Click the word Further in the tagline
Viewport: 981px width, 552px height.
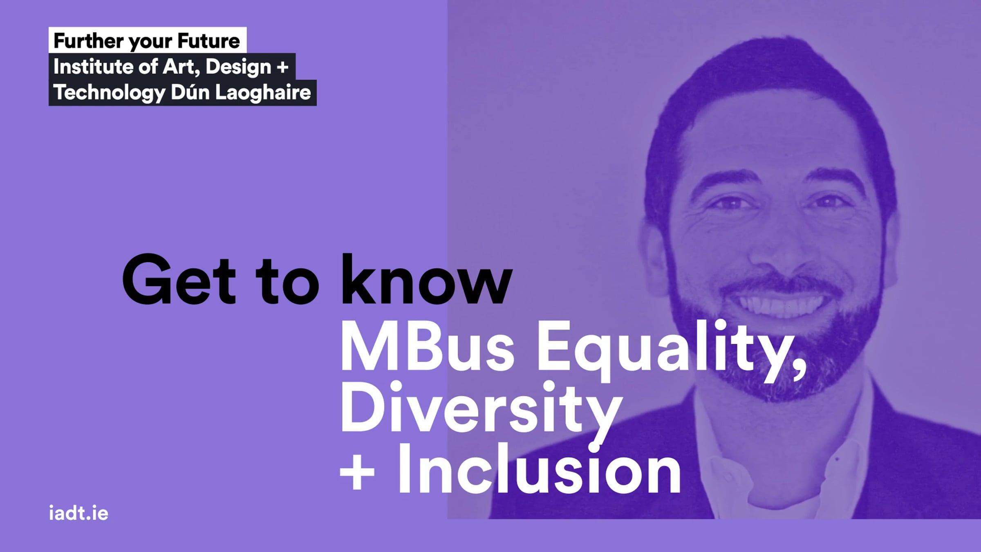click(88, 41)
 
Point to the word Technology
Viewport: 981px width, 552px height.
click(109, 93)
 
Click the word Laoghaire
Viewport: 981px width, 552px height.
click(263, 93)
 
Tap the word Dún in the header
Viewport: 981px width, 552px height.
click(190, 92)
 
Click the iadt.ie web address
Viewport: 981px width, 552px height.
click(78, 513)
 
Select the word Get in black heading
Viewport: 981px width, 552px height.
click(179, 280)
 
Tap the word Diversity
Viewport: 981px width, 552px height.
click(481, 412)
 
